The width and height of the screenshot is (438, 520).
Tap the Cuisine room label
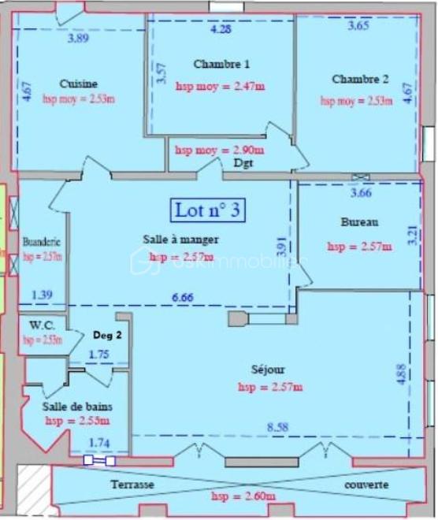click(79, 84)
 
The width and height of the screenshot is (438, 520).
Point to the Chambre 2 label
click(360, 79)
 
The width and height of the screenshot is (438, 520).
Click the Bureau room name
click(359, 222)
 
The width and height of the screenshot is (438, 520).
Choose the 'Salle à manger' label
click(180, 239)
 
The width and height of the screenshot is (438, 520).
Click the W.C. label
click(41, 325)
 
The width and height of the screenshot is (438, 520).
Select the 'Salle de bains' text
click(77, 407)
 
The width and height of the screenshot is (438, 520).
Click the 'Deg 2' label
click(106, 334)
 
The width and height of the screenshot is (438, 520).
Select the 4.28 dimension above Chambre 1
click(221, 30)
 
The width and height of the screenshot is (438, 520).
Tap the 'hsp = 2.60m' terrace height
click(243, 496)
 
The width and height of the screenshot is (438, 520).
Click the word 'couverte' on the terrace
click(366, 485)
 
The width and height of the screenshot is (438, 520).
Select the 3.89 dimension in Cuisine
click(78, 37)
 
